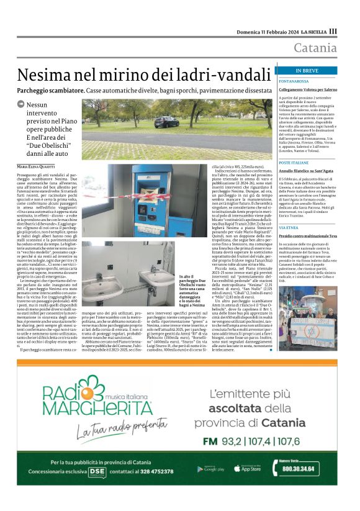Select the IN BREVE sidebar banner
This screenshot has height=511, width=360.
click(316, 70)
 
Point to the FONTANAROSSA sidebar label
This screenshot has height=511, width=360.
click(312, 81)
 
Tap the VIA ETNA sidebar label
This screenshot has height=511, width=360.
click(307, 228)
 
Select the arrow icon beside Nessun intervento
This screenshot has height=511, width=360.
click(20, 105)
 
